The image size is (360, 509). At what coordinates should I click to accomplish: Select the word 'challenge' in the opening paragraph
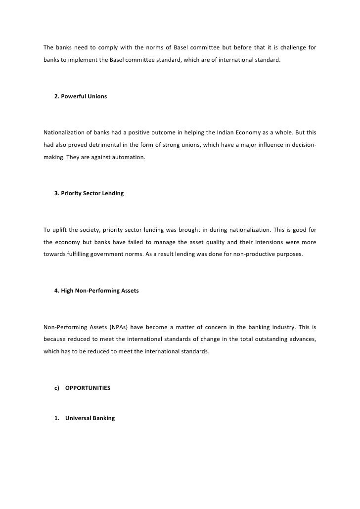291,48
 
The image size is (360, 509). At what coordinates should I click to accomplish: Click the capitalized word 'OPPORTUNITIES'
88,388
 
